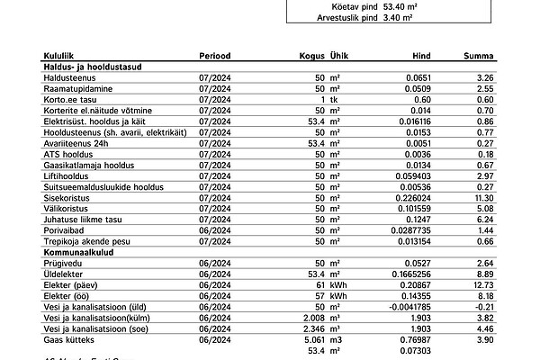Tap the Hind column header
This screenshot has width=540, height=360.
421,56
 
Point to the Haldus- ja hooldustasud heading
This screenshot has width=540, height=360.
94,67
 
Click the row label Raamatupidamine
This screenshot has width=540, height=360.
79,89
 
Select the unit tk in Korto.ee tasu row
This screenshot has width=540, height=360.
334,100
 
